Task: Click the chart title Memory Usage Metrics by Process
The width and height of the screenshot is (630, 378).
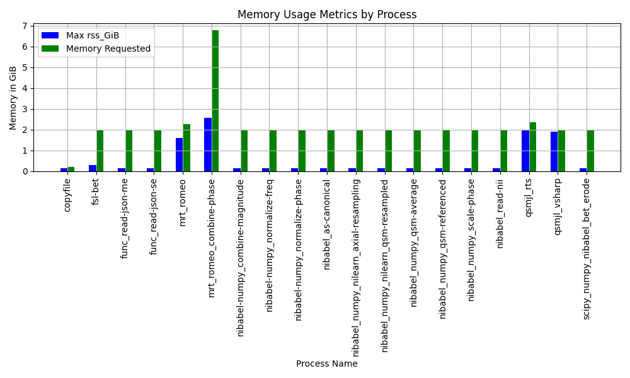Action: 326,14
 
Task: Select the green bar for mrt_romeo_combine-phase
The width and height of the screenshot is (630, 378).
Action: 215,101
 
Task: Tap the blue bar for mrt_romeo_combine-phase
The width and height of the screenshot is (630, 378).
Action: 208,144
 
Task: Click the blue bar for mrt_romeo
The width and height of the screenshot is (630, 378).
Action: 179,154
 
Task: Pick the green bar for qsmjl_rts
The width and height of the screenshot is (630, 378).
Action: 533,147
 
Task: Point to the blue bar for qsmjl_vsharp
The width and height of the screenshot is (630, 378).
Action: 554,151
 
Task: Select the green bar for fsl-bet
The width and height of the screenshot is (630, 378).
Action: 100,151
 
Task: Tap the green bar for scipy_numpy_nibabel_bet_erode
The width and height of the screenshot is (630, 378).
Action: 590,151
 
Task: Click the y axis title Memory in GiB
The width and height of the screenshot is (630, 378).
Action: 13,98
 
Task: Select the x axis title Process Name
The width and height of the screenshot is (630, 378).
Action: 326,364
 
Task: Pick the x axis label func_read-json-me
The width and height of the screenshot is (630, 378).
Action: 125,218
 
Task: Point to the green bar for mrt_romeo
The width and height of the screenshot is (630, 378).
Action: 186,147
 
